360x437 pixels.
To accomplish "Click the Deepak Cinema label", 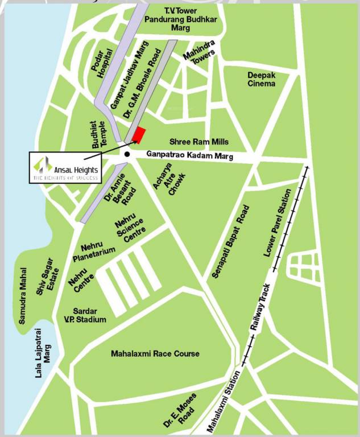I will coord(261,80).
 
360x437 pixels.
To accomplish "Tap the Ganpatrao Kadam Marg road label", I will coord(190,154).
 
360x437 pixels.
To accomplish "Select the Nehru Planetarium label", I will coord(94,252).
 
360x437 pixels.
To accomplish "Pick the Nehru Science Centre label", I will coord(131,228).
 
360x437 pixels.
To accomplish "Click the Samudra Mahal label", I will coord(23,295).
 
